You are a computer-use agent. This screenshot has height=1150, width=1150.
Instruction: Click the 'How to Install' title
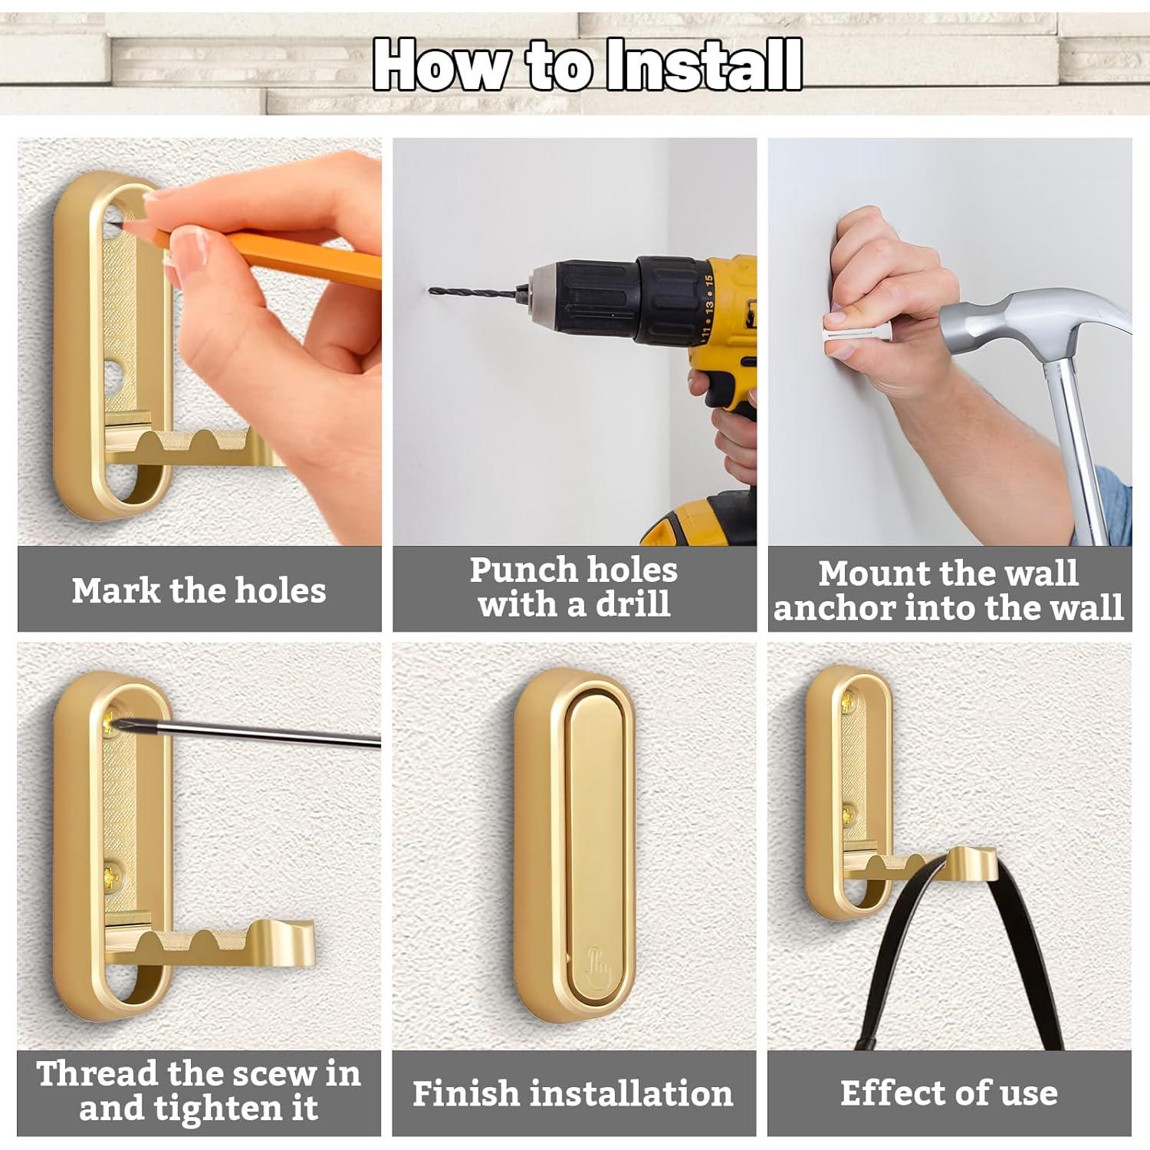(588, 64)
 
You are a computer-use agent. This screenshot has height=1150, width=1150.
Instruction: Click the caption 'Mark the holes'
(199, 590)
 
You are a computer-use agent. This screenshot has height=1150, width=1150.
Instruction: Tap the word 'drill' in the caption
(633, 604)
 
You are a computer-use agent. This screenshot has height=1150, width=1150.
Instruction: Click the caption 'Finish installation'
(573, 1093)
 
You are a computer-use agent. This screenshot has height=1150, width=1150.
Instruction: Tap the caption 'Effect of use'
(949, 1093)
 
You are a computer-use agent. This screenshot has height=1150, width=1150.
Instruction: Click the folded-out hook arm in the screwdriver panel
(211, 943)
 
